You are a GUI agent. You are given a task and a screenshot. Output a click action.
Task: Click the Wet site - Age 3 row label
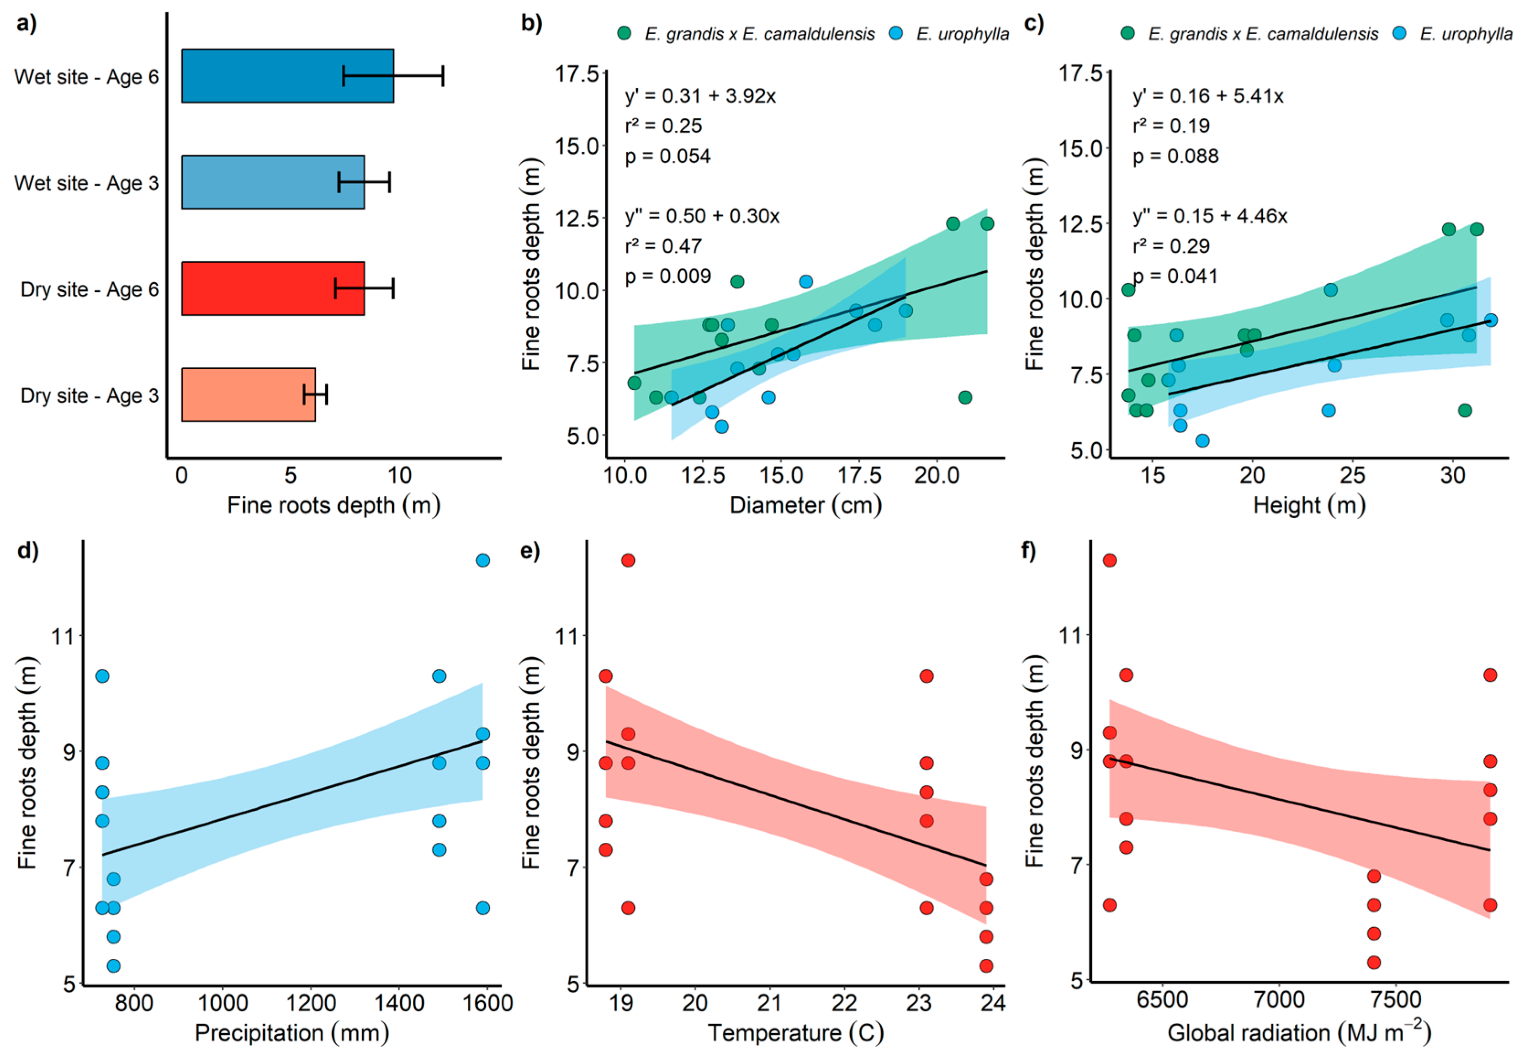pyautogui.click(x=86, y=183)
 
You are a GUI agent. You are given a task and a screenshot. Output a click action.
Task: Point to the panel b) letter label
pyautogui.click(x=531, y=23)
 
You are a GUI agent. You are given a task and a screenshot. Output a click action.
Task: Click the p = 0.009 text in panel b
pyautogui.click(x=667, y=276)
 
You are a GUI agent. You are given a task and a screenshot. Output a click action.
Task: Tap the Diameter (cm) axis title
pyautogui.click(x=805, y=505)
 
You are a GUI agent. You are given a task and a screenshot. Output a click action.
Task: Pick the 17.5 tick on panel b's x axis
pyautogui.click(x=859, y=476)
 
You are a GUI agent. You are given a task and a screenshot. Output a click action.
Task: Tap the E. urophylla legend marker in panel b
pyautogui.click(x=896, y=33)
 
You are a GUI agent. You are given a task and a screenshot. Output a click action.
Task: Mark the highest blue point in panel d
pyautogui.click(x=483, y=560)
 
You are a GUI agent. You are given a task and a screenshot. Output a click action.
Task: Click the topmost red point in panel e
pyautogui.click(x=628, y=560)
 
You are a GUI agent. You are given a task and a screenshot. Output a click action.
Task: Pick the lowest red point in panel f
pyautogui.click(x=1374, y=962)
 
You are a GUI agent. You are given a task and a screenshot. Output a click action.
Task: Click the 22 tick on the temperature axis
pyautogui.click(x=844, y=1003)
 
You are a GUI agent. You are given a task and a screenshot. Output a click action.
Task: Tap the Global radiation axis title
pyautogui.click(x=1298, y=1033)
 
